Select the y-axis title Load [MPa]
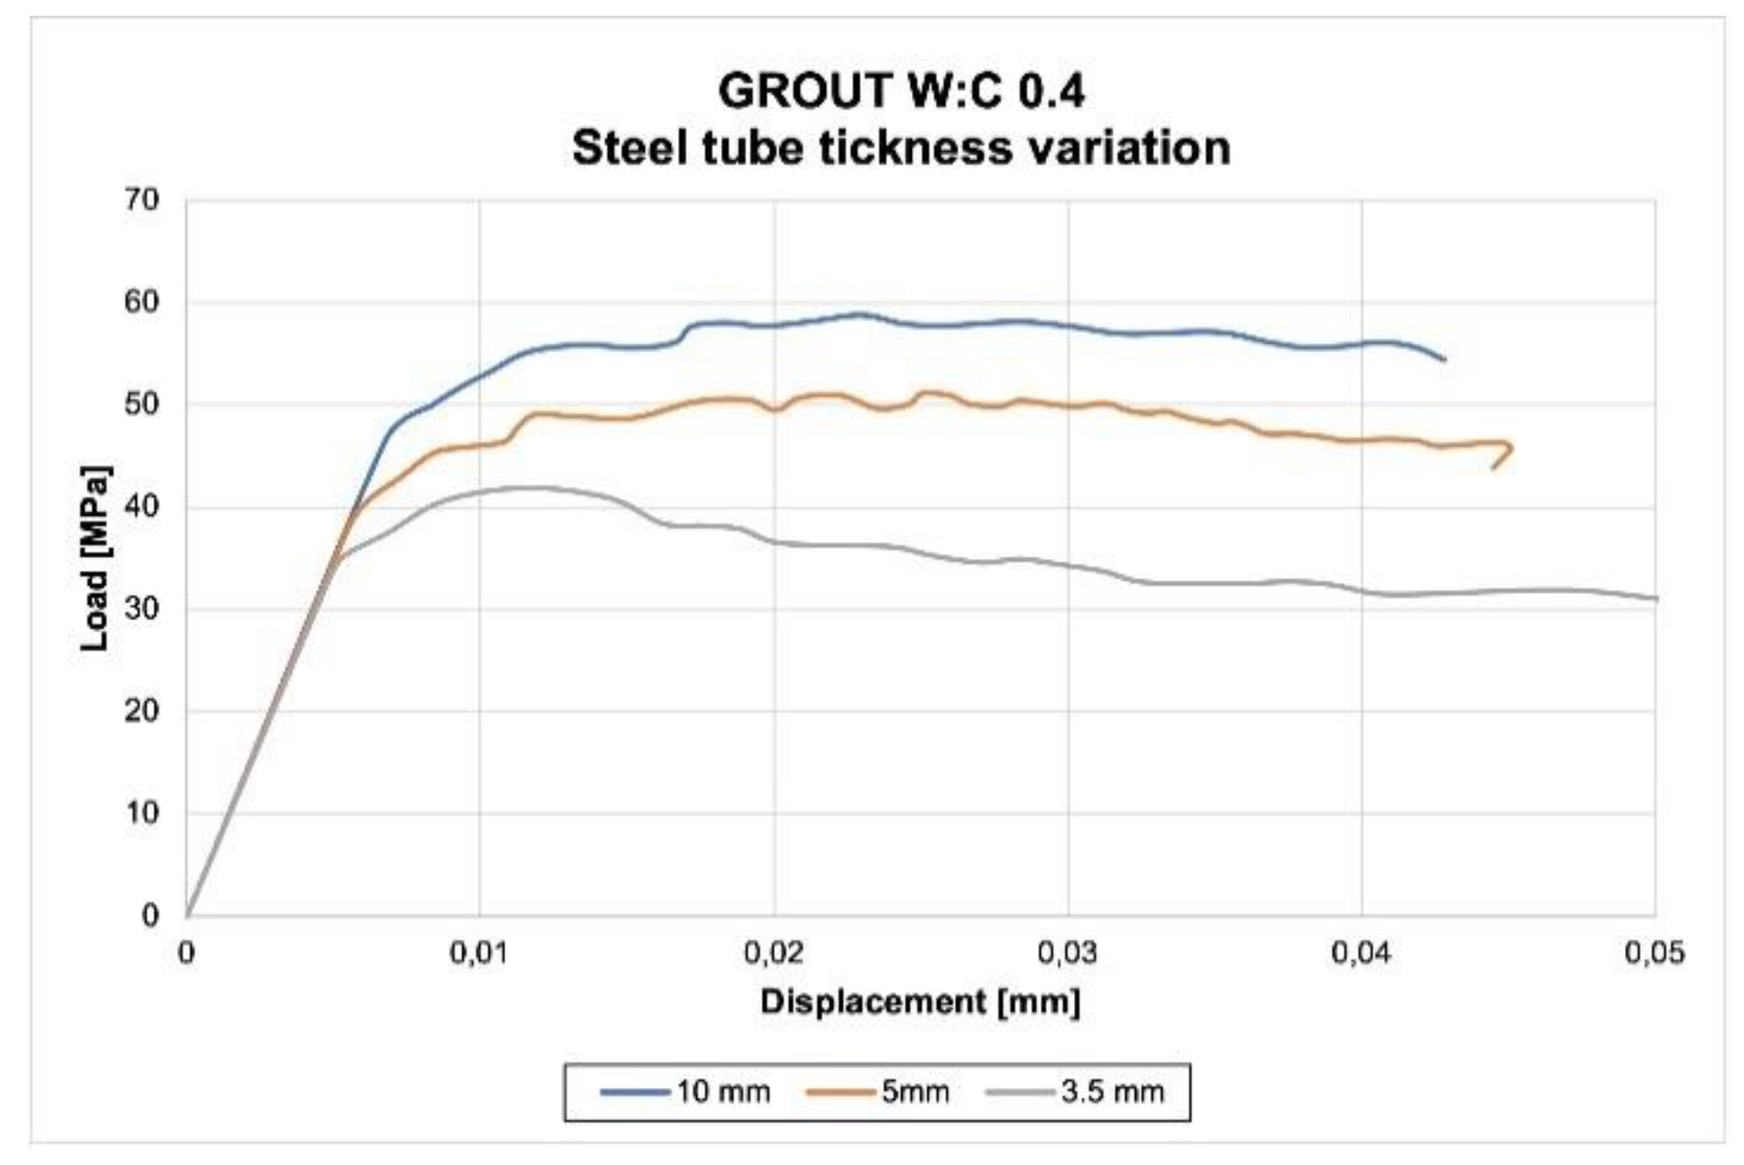click(x=95, y=558)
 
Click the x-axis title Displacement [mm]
click(x=920, y=1001)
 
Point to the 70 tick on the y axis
click(x=140, y=200)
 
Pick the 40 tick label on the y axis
click(x=140, y=506)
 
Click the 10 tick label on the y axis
click(x=140, y=813)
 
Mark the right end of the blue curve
click(x=1444, y=359)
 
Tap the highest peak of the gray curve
click(x=526, y=487)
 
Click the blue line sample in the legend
click(x=632, y=1092)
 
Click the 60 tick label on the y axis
click(x=140, y=302)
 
